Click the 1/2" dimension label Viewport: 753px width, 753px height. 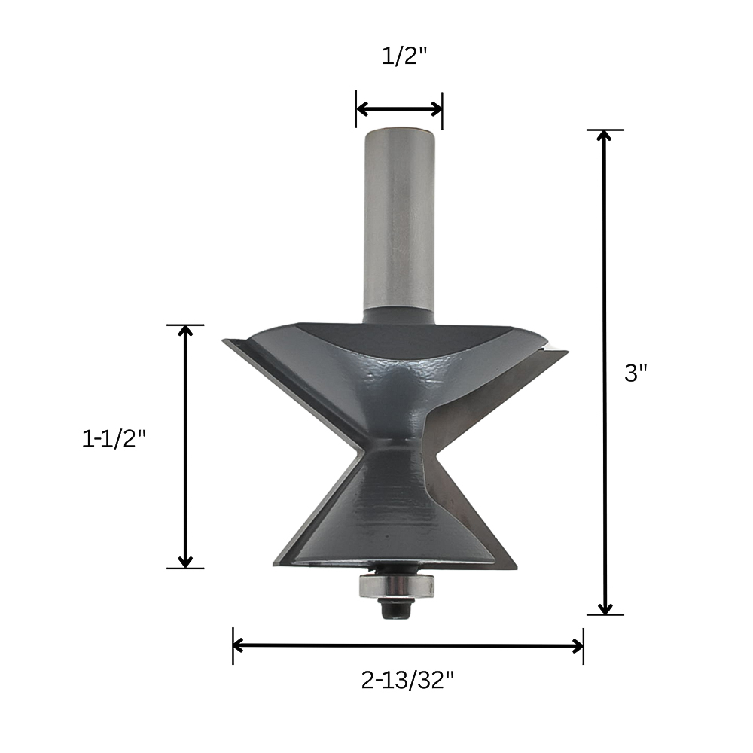(x=404, y=56)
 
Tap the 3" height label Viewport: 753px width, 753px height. (x=636, y=373)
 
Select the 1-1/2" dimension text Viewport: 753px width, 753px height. (x=114, y=438)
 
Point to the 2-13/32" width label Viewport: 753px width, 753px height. (x=407, y=680)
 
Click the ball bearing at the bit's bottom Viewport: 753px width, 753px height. (x=396, y=585)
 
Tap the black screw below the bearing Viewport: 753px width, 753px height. (x=396, y=609)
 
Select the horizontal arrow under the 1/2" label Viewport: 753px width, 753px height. (x=399, y=109)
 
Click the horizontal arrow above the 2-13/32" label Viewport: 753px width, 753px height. (x=407, y=646)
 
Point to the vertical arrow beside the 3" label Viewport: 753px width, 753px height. (x=605, y=372)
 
